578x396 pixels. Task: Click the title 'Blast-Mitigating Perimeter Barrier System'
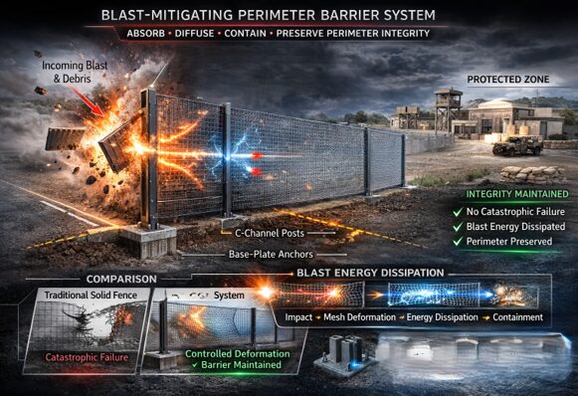pos(289,15)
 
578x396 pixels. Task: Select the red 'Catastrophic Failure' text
pos(82,356)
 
